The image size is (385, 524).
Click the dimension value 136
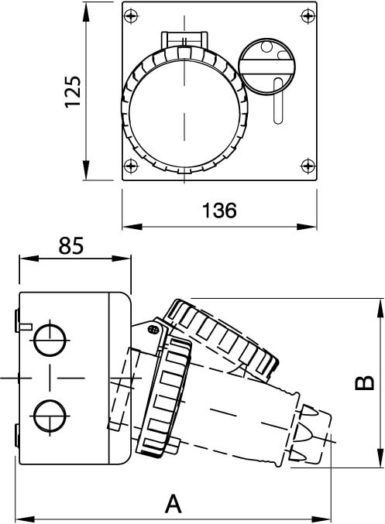point(218,210)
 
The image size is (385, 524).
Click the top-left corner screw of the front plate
point(130,15)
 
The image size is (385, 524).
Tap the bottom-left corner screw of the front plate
point(130,164)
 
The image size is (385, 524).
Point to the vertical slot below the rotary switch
point(277,101)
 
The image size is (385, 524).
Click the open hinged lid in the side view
point(222,337)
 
